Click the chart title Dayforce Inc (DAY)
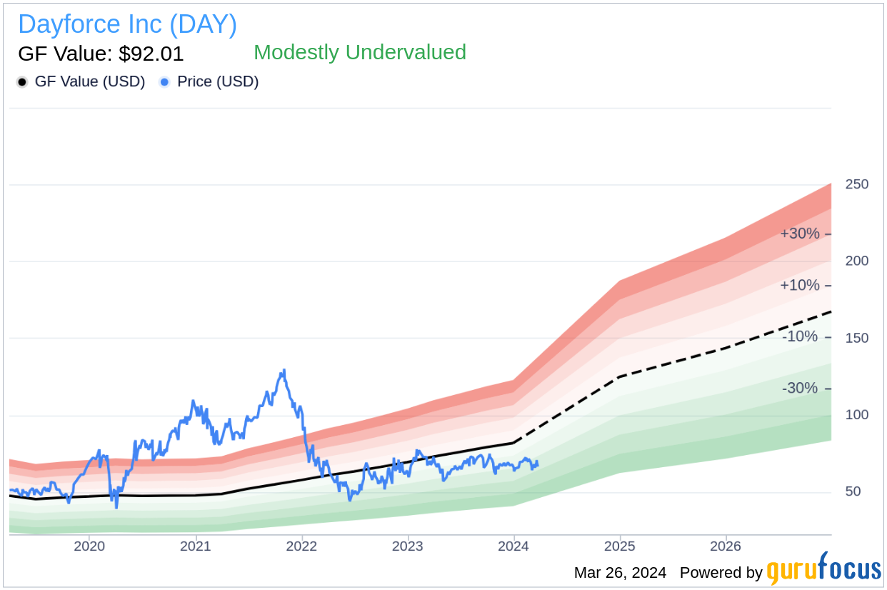[x=127, y=24]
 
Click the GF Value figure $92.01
[x=101, y=54]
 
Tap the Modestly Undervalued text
[x=359, y=52]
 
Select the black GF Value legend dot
[x=22, y=82]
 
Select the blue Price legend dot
[x=164, y=82]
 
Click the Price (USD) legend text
[x=218, y=82]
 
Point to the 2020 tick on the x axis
[x=89, y=547]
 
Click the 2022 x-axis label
[x=301, y=547]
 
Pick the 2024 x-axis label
[x=513, y=547]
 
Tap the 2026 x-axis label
[x=726, y=547]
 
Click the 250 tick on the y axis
[x=856, y=184]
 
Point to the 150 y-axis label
[x=856, y=338]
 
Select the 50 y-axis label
[x=853, y=491]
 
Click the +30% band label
[x=800, y=234]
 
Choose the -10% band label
[x=800, y=336]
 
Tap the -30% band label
[x=800, y=388]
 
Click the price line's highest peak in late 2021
[x=284, y=370]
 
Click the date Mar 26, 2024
[x=620, y=572]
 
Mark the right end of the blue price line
[x=537, y=464]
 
